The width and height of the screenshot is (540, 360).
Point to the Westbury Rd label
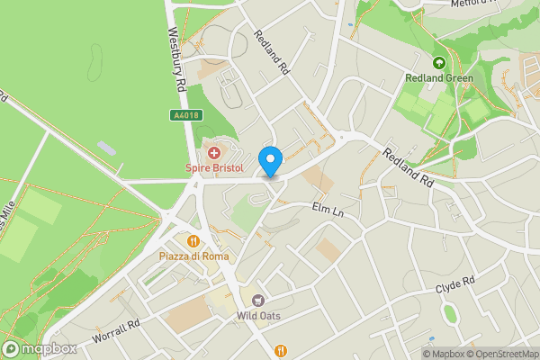tap(175, 56)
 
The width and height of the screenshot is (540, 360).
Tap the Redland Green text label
tap(439, 78)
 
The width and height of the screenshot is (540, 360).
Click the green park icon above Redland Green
tap(439, 63)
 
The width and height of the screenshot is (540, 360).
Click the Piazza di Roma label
tap(193, 256)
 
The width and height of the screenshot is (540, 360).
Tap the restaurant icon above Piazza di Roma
tap(193, 241)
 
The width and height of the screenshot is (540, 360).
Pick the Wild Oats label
tap(258, 315)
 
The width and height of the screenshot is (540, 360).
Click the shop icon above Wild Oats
tap(258, 300)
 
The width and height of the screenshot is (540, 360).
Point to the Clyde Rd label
tap(454, 286)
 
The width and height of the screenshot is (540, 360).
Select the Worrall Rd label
tap(117, 332)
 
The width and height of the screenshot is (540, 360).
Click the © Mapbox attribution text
tap(445, 354)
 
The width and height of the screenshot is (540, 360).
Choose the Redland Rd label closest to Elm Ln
tap(408, 167)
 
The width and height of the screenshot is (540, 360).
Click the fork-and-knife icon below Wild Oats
tap(282, 350)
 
